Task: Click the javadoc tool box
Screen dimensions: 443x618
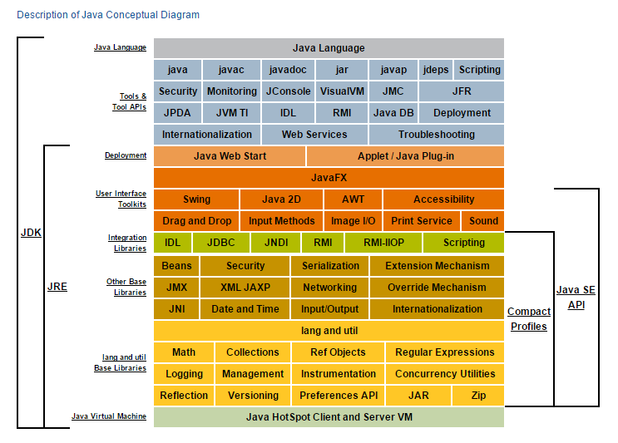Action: (x=288, y=70)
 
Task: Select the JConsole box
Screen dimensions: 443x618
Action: (x=288, y=91)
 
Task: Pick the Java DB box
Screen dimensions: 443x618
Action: (x=393, y=113)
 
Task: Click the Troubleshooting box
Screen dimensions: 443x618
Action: (x=436, y=135)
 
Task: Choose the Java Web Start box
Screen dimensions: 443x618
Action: (x=230, y=156)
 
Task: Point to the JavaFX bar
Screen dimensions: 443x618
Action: (x=329, y=178)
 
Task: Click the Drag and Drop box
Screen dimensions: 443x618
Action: (x=196, y=221)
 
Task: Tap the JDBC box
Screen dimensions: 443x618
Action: (x=220, y=243)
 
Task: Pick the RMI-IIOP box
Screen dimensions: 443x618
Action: (x=381, y=243)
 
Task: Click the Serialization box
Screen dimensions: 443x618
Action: (x=329, y=266)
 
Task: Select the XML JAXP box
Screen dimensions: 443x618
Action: (x=245, y=288)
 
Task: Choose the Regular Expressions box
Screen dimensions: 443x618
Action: (x=444, y=352)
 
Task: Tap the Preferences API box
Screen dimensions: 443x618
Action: (x=338, y=396)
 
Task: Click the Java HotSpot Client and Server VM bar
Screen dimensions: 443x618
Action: (x=329, y=417)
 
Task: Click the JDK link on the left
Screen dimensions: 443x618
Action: (x=31, y=233)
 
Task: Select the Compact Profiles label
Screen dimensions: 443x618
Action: (x=529, y=319)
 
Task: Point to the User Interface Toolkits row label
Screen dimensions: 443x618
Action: (x=121, y=199)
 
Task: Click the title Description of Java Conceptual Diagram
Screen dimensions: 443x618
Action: (x=108, y=15)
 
